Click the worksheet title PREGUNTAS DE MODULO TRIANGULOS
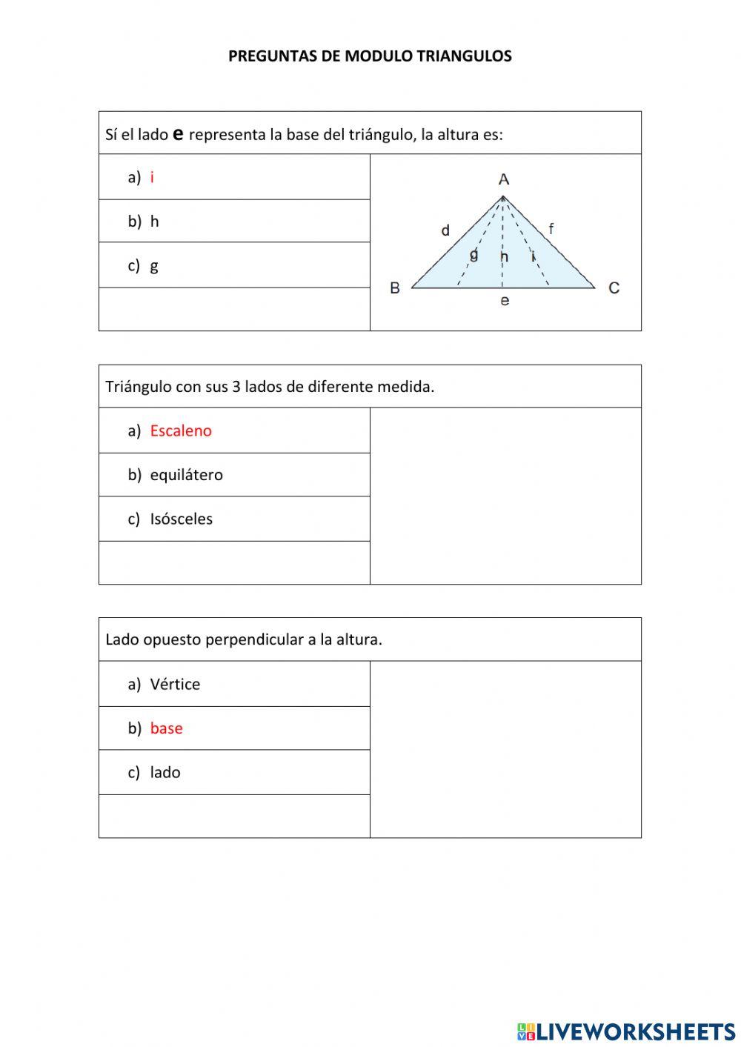[370, 56]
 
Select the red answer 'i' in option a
[152, 177]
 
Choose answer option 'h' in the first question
[154, 222]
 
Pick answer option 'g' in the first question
[154, 266]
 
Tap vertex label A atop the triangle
[504, 179]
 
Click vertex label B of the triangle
[395, 287]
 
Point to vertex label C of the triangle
[614, 287]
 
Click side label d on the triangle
[445, 230]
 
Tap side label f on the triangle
[551, 229]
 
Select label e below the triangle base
[505, 301]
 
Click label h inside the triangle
[504, 257]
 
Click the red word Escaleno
[181, 431]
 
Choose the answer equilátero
[186, 475]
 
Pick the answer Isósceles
[181, 519]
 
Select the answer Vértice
[175, 684]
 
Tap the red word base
[166, 728]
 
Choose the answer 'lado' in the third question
[165, 773]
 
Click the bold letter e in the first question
[178, 133]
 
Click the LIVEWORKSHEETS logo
[626, 1031]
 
